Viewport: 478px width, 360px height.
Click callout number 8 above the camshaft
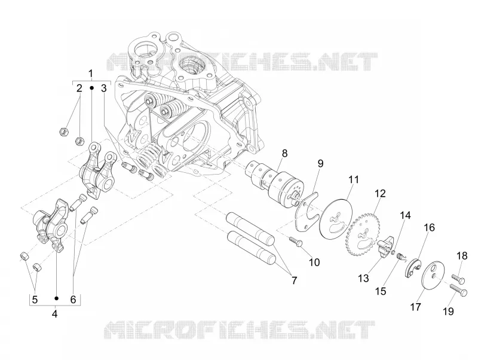click(x=284, y=153)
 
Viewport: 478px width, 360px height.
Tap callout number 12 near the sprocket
click(x=380, y=193)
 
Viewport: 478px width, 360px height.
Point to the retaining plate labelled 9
click(x=306, y=211)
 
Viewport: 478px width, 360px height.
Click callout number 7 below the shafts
click(x=294, y=280)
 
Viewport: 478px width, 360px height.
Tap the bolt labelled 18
click(x=458, y=277)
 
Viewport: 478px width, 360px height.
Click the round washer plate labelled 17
click(x=433, y=276)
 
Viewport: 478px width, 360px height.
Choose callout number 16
click(x=428, y=228)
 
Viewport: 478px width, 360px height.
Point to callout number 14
click(x=405, y=215)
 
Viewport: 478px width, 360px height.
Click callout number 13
click(x=364, y=278)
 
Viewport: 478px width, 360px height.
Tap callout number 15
click(x=381, y=291)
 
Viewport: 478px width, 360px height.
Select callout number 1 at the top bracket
click(x=91, y=74)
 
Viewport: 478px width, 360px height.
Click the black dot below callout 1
click(x=91, y=88)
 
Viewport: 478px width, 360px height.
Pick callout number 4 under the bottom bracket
click(x=54, y=314)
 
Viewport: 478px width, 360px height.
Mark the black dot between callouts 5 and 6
click(x=56, y=298)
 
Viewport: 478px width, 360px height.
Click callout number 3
click(x=104, y=89)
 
